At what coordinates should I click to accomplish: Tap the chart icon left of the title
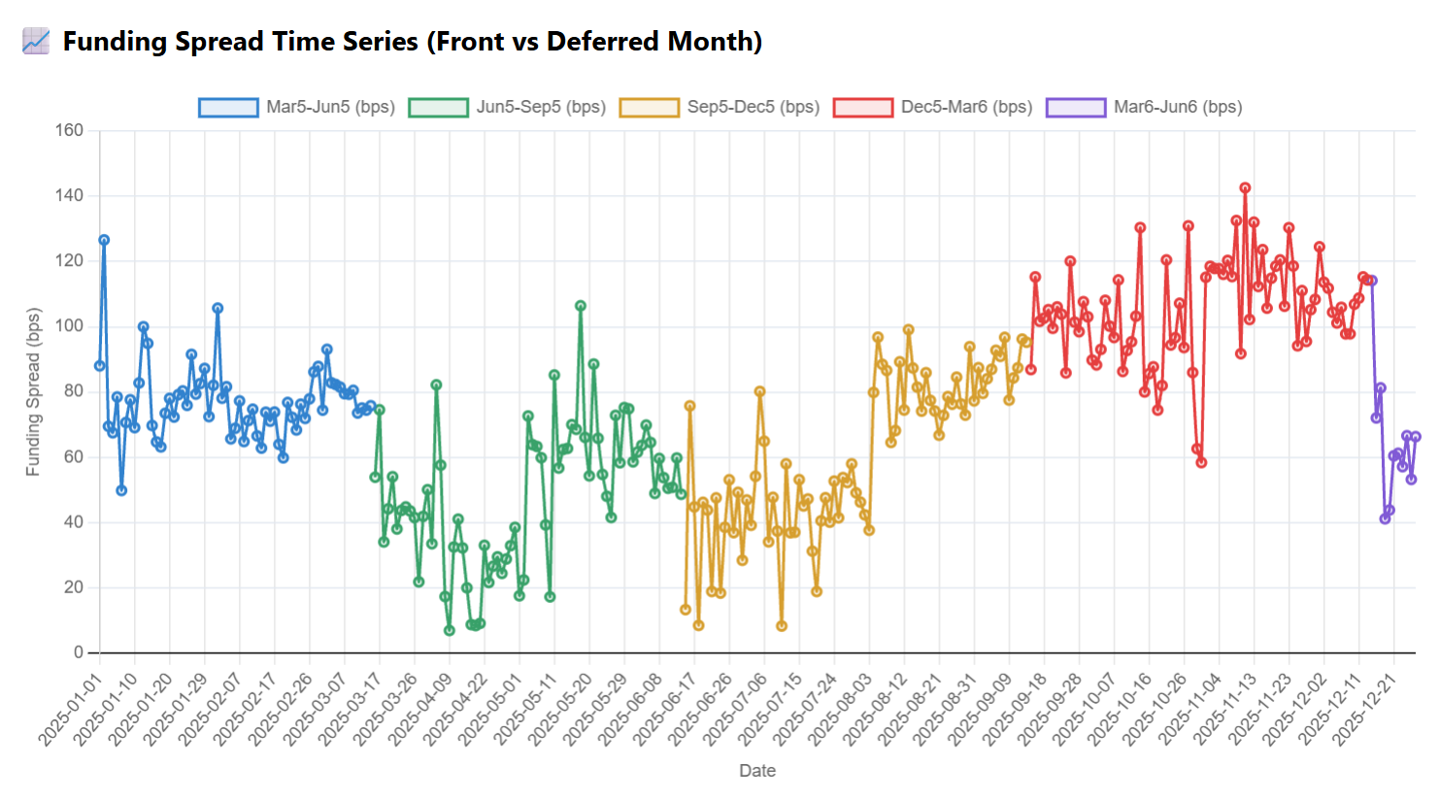[x=36, y=42]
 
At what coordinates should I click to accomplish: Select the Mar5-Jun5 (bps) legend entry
[x=297, y=108]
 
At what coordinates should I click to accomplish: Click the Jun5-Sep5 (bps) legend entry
[x=507, y=108]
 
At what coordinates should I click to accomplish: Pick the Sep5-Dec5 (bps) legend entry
[x=720, y=108]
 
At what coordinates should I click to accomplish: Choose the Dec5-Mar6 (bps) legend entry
[x=933, y=108]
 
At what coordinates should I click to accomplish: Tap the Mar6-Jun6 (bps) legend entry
[x=1144, y=108]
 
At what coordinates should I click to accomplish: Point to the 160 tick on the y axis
[x=70, y=130]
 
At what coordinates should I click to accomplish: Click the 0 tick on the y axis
[x=79, y=652]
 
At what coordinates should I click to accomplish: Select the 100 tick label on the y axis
[x=70, y=326]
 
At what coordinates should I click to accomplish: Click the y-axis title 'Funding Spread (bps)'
[x=33, y=392]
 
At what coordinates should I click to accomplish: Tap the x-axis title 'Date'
[x=757, y=771]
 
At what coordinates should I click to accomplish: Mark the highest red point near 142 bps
[x=1245, y=188]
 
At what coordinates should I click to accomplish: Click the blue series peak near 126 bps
[x=104, y=241]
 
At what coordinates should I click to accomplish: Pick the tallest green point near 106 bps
[x=581, y=306]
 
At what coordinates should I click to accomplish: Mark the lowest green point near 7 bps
[x=450, y=631]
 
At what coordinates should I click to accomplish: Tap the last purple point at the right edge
[x=1416, y=437]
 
